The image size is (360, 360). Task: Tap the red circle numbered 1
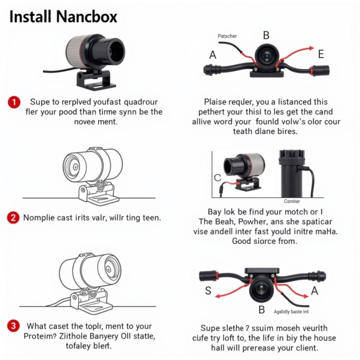[x=13, y=102]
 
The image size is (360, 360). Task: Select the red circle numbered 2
[x=13, y=217]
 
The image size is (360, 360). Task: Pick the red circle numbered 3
[x=13, y=326]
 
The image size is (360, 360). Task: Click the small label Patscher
[x=227, y=36]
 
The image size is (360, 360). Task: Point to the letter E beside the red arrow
[x=321, y=54]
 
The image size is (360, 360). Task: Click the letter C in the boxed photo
[x=218, y=178]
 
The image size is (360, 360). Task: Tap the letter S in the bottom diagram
[x=208, y=291]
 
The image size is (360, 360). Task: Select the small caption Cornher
[x=292, y=201]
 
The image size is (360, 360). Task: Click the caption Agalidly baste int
[x=291, y=312]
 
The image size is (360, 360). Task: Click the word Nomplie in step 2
[x=38, y=218]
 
